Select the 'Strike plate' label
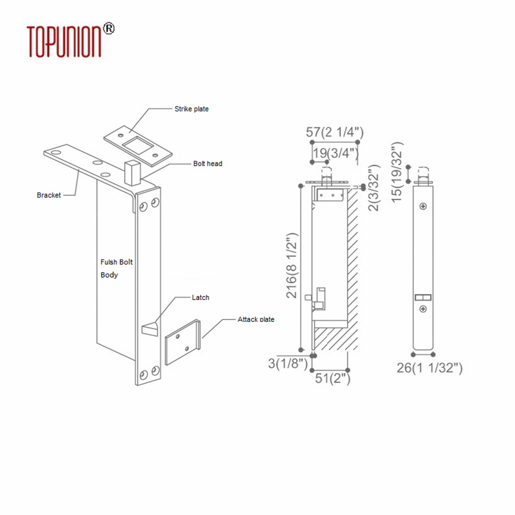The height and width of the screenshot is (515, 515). tap(191, 109)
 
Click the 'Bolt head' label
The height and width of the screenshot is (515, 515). tap(207, 164)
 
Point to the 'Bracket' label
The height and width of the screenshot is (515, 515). tap(49, 195)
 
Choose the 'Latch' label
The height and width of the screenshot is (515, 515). tap(200, 297)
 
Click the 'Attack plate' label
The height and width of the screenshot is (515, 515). tap(256, 319)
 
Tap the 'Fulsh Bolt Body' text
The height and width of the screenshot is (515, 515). tap(116, 268)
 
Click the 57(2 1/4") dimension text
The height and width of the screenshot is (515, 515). tap(335, 133)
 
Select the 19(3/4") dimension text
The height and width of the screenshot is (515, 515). tap(335, 153)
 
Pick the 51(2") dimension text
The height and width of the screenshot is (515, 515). tap(331, 379)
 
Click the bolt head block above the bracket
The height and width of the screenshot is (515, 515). tap(133, 173)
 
